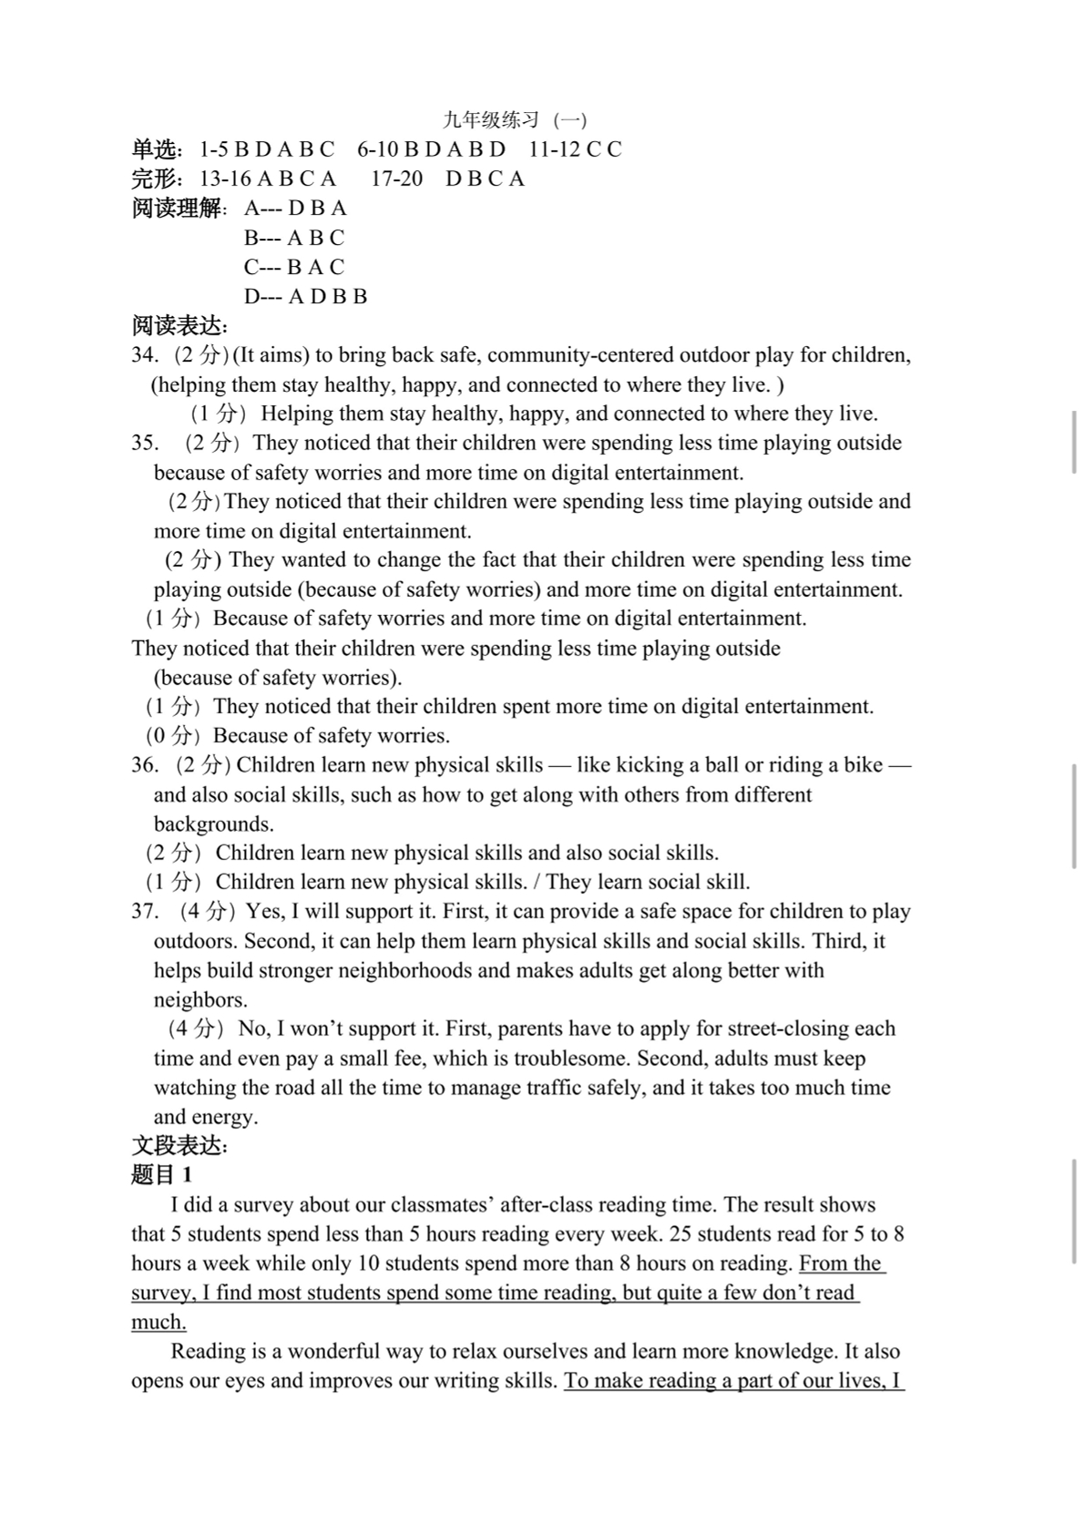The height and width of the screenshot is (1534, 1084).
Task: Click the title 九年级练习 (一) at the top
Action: click(515, 119)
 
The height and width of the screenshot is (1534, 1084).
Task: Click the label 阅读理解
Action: click(177, 209)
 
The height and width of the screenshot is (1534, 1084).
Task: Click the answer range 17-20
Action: click(396, 179)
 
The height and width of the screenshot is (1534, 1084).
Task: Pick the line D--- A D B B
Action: click(305, 296)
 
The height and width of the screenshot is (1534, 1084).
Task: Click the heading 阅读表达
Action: click(179, 325)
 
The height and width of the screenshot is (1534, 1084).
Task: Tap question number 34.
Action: click(145, 355)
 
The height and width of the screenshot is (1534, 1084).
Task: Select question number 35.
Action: click(145, 443)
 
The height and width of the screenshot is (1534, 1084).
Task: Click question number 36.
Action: click(145, 764)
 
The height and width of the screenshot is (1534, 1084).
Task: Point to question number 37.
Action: click(145, 911)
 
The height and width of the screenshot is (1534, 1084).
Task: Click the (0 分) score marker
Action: click(172, 735)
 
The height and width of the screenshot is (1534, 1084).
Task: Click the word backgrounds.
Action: click(213, 823)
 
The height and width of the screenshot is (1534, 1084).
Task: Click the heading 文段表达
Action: click(179, 1146)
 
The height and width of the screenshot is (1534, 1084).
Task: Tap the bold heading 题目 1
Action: click(161, 1175)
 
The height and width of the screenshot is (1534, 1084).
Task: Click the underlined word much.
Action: click(159, 1322)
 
